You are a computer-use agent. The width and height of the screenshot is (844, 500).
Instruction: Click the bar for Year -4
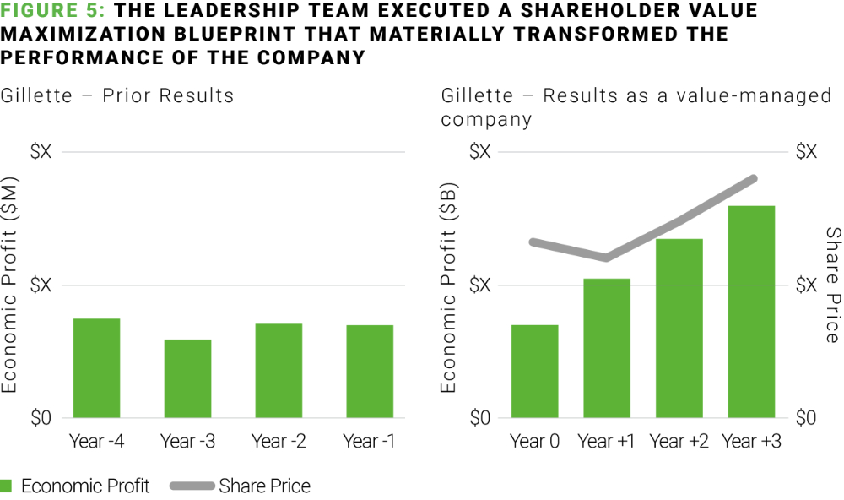(x=96, y=367)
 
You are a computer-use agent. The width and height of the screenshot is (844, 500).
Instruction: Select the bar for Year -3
(x=187, y=378)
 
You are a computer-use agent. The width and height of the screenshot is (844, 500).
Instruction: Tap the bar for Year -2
(x=279, y=371)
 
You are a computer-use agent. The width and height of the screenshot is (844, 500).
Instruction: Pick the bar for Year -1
(x=369, y=371)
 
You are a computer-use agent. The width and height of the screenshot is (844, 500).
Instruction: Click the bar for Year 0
(x=534, y=371)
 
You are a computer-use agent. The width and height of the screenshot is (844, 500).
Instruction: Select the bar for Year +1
(x=607, y=348)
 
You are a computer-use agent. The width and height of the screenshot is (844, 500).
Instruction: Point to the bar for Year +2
(x=679, y=328)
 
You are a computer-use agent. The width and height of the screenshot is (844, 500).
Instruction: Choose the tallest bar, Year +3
(x=750, y=312)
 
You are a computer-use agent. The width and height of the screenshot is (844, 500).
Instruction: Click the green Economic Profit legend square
(x=7, y=486)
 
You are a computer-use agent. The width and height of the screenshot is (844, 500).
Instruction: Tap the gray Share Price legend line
(x=192, y=486)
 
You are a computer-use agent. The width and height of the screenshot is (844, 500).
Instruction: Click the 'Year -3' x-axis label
(x=187, y=441)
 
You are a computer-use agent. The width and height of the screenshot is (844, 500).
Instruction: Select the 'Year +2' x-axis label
(x=679, y=441)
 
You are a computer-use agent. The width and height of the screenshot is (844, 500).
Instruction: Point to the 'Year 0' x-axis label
(x=534, y=441)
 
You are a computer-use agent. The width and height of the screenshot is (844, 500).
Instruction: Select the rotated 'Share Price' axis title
(x=833, y=285)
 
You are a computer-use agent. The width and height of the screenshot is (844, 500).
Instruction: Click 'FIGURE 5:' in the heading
(x=51, y=11)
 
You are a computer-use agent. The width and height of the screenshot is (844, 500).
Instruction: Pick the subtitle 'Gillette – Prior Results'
(x=117, y=95)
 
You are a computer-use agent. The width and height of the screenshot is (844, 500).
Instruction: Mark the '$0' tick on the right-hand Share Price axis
(x=806, y=418)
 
